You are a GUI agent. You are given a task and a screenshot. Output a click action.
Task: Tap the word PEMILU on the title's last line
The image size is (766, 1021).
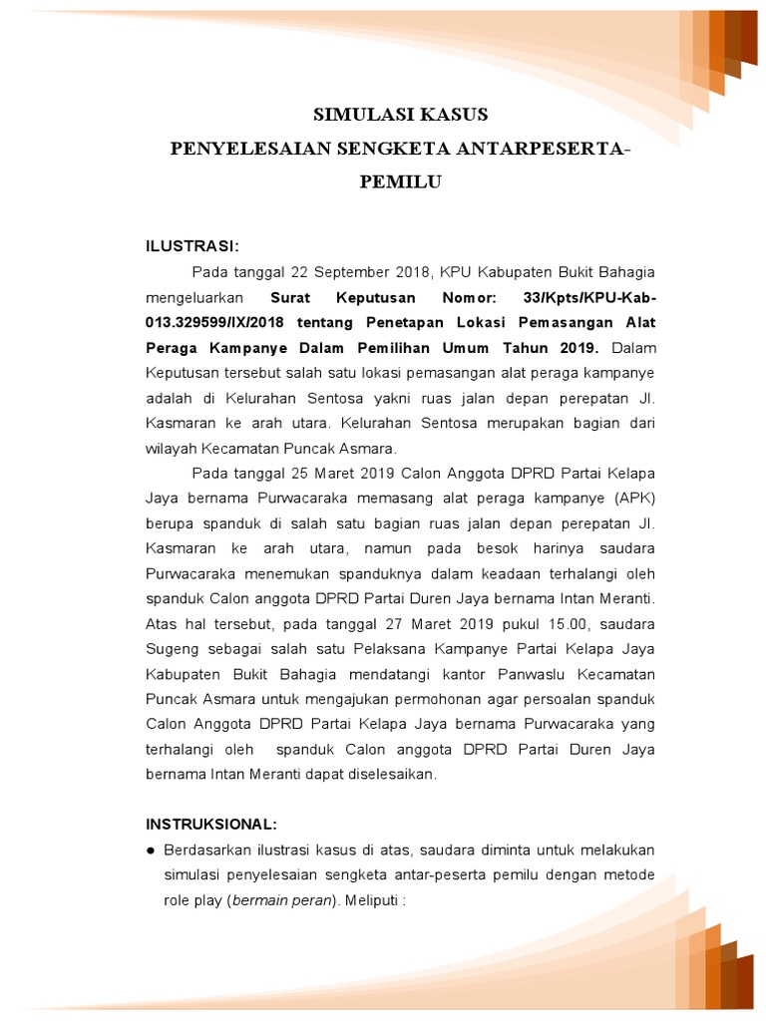400,182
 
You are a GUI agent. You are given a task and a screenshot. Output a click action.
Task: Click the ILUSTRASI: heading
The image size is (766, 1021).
192,246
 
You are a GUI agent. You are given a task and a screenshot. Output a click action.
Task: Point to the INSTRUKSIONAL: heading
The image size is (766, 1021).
210,825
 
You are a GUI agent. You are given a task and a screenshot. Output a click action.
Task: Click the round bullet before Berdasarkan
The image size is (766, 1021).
151,851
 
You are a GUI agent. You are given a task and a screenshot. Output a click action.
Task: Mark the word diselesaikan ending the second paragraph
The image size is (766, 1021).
389,775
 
